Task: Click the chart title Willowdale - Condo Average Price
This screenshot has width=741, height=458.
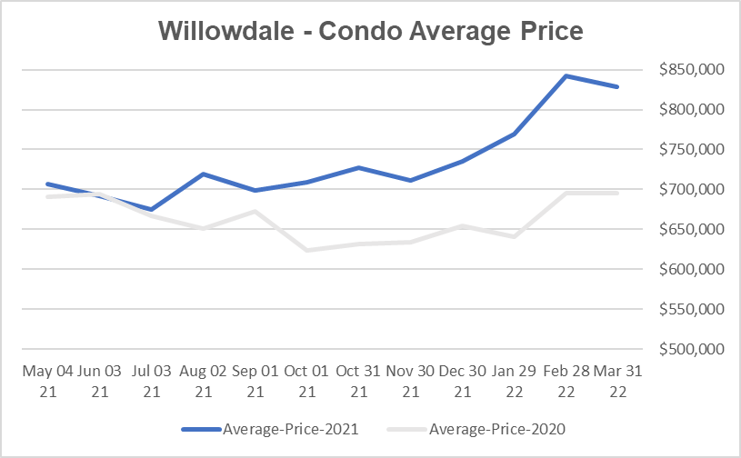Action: (370, 30)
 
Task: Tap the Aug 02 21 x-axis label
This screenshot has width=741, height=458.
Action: (203, 381)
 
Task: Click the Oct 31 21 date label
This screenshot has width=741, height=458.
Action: (358, 381)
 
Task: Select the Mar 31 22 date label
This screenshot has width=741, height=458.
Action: (618, 381)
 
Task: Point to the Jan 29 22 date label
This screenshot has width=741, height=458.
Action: (515, 381)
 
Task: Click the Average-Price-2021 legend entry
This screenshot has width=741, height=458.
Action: (274, 428)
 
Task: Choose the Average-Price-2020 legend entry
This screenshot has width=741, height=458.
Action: (483, 428)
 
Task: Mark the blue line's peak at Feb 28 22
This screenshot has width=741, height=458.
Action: (566, 76)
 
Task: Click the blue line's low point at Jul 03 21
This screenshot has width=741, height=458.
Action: (151, 209)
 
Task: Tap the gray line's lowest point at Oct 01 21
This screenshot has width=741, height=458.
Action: (307, 250)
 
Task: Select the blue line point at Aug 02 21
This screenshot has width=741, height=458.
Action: (203, 174)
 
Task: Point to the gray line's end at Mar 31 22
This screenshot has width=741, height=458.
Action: (618, 193)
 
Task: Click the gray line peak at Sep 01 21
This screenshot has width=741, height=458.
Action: (255, 212)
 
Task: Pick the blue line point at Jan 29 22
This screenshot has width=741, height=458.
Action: (515, 134)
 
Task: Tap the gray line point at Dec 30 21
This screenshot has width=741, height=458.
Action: (463, 225)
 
